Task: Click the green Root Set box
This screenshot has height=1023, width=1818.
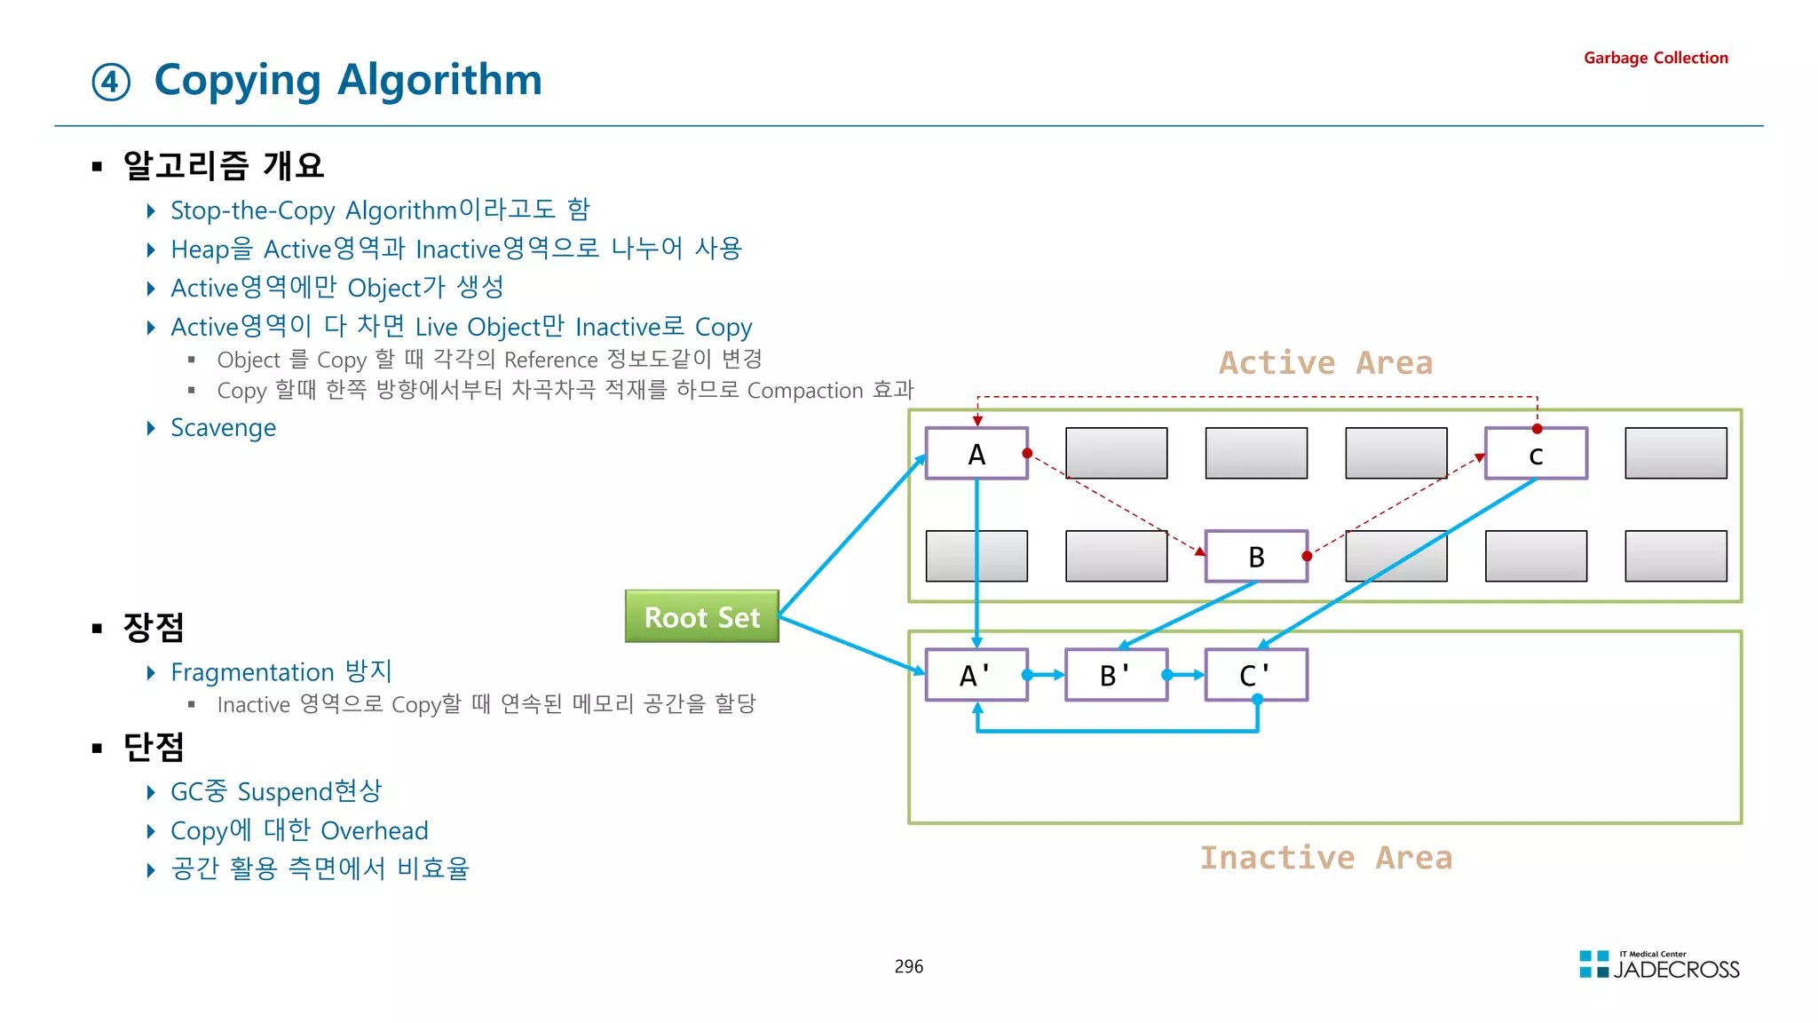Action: coord(701,616)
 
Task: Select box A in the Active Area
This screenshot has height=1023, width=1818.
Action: coord(976,454)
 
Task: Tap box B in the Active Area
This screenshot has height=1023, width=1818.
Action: coord(1255,557)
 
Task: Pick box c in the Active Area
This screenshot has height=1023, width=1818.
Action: coord(1536,454)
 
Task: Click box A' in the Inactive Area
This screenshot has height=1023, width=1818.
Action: coord(976,675)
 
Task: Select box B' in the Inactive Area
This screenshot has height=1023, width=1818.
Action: coord(1115,675)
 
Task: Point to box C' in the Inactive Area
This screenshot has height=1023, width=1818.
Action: coord(1255,675)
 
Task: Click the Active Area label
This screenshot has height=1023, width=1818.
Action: coord(1325,363)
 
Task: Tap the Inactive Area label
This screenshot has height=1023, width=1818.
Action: coord(1325,858)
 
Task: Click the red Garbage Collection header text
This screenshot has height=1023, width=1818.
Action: coord(1656,58)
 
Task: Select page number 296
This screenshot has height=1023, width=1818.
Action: coord(908,966)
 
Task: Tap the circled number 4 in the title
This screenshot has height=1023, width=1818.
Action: coord(111,83)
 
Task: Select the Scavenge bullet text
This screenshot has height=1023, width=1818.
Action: coord(223,428)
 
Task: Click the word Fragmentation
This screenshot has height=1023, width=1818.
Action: coord(252,672)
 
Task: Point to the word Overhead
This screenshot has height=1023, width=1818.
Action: coord(374,831)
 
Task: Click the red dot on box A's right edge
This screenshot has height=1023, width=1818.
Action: coord(1027,454)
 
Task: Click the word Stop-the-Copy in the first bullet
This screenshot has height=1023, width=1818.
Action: coord(252,211)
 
